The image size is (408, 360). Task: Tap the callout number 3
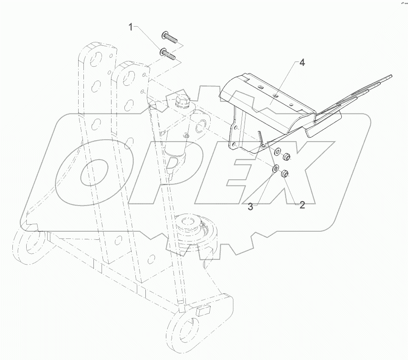click(x=251, y=206)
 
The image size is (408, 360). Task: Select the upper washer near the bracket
click(x=276, y=152)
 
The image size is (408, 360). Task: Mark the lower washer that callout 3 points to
click(x=275, y=169)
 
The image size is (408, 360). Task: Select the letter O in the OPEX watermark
click(x=95, y=169)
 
